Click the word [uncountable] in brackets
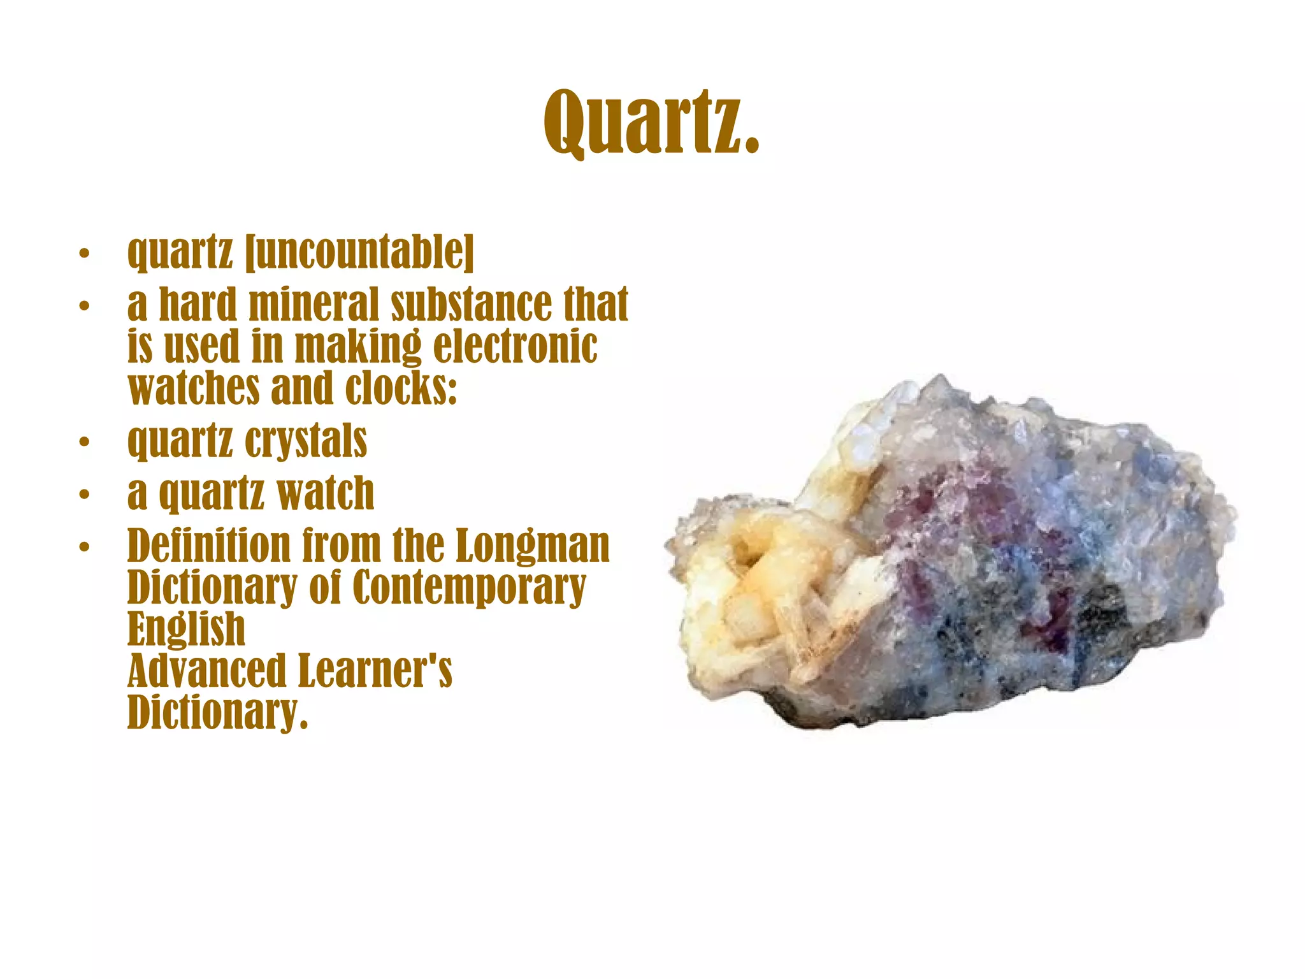click(x=360, y=252)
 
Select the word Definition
click(x=209, y=546)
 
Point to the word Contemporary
click(x=468, y=588)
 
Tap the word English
click(x=186, y=630)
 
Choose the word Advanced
click(x=206, y=671)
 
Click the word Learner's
click(x=375, y=671)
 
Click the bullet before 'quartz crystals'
click(x=83, y=442)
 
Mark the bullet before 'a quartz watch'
click(x=83, y=494)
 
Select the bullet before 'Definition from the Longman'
click(x=83, y=546)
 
